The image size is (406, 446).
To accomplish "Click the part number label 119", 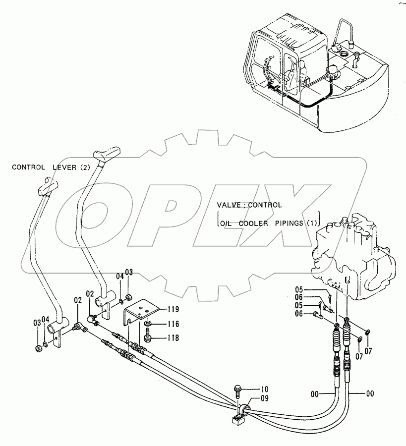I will pos(174,310).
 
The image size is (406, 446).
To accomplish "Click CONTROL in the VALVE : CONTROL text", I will pos(265,205).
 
